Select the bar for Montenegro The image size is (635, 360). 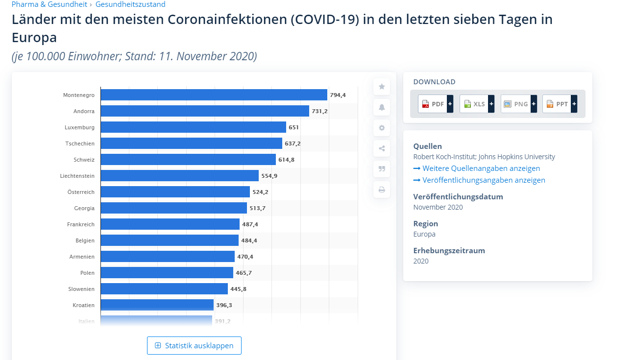coord(214,95)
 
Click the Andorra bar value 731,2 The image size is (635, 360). coord(319,111)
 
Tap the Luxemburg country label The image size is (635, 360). coord(79,127)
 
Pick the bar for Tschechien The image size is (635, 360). coord(191,144)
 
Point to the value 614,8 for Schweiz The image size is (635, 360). coord(286,160)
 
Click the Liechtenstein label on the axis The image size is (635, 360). coord(77,176)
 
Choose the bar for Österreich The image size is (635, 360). coord(175,192)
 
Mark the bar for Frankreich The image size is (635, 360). coord(170,224)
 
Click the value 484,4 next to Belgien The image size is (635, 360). coord(249,240)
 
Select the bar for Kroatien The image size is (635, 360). coord(157,305)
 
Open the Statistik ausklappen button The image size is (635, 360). coord(194,346)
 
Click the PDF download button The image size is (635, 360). coord(435,104)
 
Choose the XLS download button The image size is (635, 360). coord(477,104)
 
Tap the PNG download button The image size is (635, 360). coord(518,104)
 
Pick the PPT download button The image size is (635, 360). coord(560,104)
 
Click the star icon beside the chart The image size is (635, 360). coord(382,87)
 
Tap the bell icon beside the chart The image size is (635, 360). coord(382,107)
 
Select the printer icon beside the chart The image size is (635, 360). coord(382,190)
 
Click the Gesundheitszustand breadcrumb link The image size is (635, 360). coord(130,4)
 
